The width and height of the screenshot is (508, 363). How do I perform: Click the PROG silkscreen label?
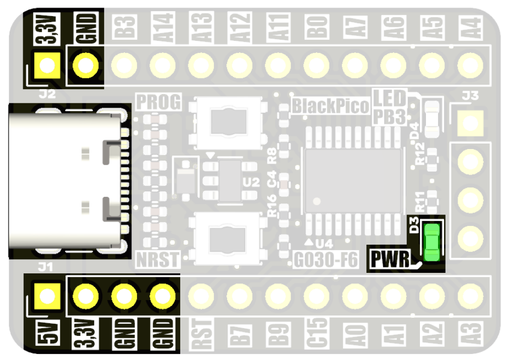(x=159, y=102)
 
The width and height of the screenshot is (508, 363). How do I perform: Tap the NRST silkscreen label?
(x=158, y=260)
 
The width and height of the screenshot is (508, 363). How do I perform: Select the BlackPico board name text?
(x=330, y=106)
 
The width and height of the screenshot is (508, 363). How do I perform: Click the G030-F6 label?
(x=326, y=260)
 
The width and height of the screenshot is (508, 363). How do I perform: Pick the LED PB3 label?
(x=389, y=106)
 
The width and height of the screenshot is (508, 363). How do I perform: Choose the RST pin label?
(x=201, y=334)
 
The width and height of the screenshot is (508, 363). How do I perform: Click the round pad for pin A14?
(x=163, y=64)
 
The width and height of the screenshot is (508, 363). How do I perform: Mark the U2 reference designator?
(x=250, y=182)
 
